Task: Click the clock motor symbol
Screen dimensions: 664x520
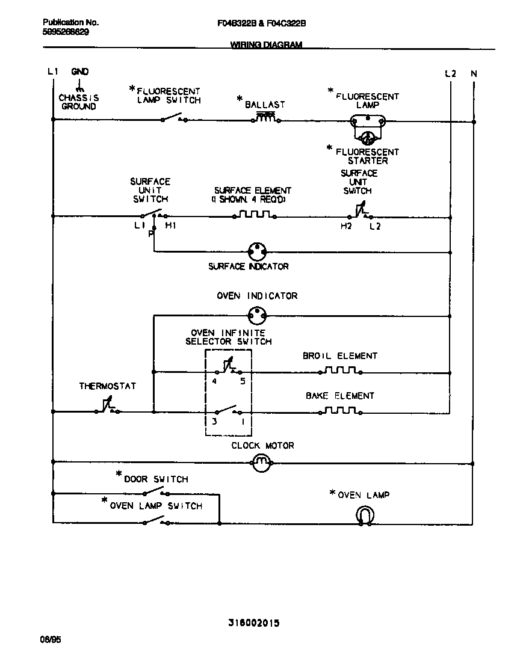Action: [261, 463]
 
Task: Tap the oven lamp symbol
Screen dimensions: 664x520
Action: [365, 515]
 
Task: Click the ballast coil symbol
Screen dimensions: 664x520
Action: [265, 117]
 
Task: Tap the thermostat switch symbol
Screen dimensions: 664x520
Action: [107, 409]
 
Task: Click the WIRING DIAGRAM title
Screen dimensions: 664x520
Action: [267, 45]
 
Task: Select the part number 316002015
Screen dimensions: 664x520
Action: [253, 623]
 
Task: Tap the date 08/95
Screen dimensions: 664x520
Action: [50, 639]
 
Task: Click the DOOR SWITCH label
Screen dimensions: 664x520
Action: [156, 479]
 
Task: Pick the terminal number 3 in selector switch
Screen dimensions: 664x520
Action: [214, 421]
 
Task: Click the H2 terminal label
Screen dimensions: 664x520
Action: [345, 226]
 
